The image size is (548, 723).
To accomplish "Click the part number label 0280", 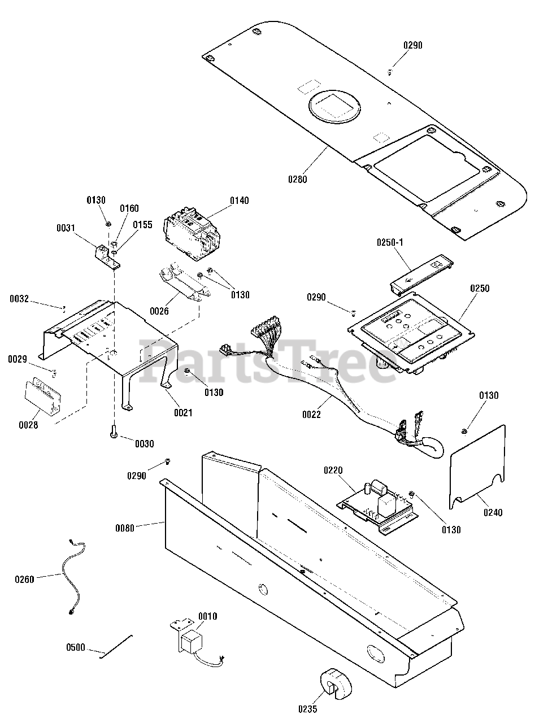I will (x=297, y=180).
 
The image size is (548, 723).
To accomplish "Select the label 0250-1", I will (x=390, y=242).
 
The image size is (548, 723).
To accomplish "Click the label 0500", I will (x=75, y=647).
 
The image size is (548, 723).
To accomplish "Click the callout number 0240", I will (x=493, y=513).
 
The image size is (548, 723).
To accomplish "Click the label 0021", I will (x=183, y=413).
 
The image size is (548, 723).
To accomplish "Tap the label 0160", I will (x=129, y=208).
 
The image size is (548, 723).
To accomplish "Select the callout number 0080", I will (x=125, y=529).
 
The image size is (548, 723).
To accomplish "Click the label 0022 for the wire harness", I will (x=311, y=415).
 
